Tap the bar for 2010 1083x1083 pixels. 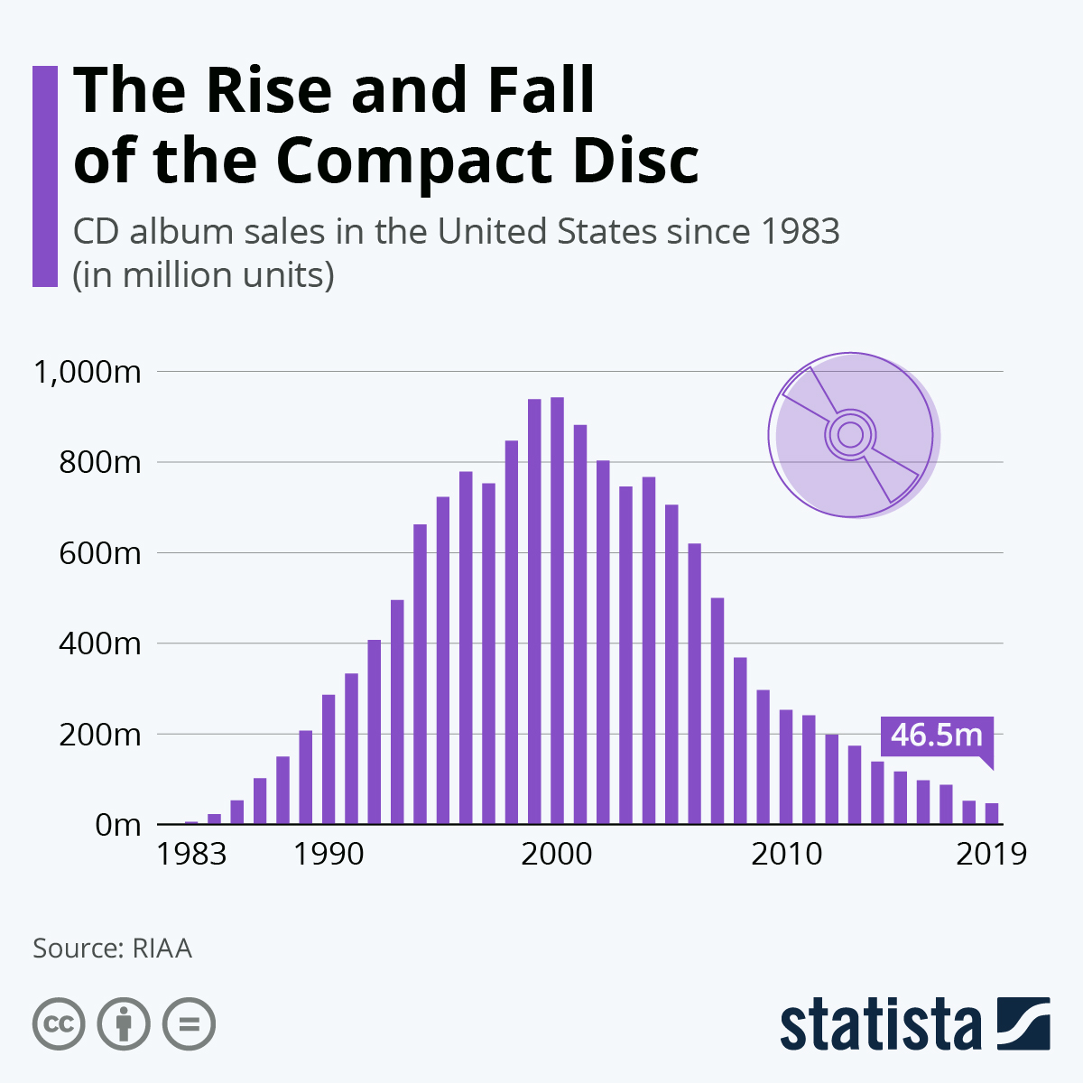786,767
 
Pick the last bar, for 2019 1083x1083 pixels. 992,813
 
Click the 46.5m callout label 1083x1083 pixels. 936,735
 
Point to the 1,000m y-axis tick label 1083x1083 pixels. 87,371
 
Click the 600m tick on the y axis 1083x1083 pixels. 100,552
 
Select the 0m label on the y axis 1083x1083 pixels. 118,825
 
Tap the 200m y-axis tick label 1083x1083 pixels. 100,735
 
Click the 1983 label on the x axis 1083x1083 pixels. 191,853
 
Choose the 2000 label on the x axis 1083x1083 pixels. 557,853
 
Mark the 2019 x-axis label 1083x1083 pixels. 991,853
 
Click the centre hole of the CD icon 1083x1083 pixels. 849,435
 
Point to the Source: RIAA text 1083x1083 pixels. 112,949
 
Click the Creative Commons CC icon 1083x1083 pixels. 59,1024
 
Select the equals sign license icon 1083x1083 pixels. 189,1024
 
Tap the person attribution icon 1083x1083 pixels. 124,1024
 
